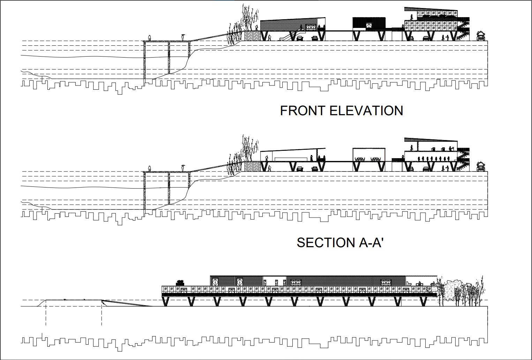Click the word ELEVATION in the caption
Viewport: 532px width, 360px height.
(366, 111)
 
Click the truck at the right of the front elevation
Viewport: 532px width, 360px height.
(481, 36)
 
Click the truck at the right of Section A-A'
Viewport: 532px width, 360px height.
(481, 166)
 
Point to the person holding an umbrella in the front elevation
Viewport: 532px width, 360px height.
(183, 37)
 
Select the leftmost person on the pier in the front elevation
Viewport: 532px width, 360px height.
(150, 38)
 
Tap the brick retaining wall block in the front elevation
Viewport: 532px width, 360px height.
(252, 36)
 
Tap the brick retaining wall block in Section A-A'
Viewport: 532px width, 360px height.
(252, 166)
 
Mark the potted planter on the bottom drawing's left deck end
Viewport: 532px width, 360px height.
(180, 282)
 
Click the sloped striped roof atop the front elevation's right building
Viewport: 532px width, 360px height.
(430, 10)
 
